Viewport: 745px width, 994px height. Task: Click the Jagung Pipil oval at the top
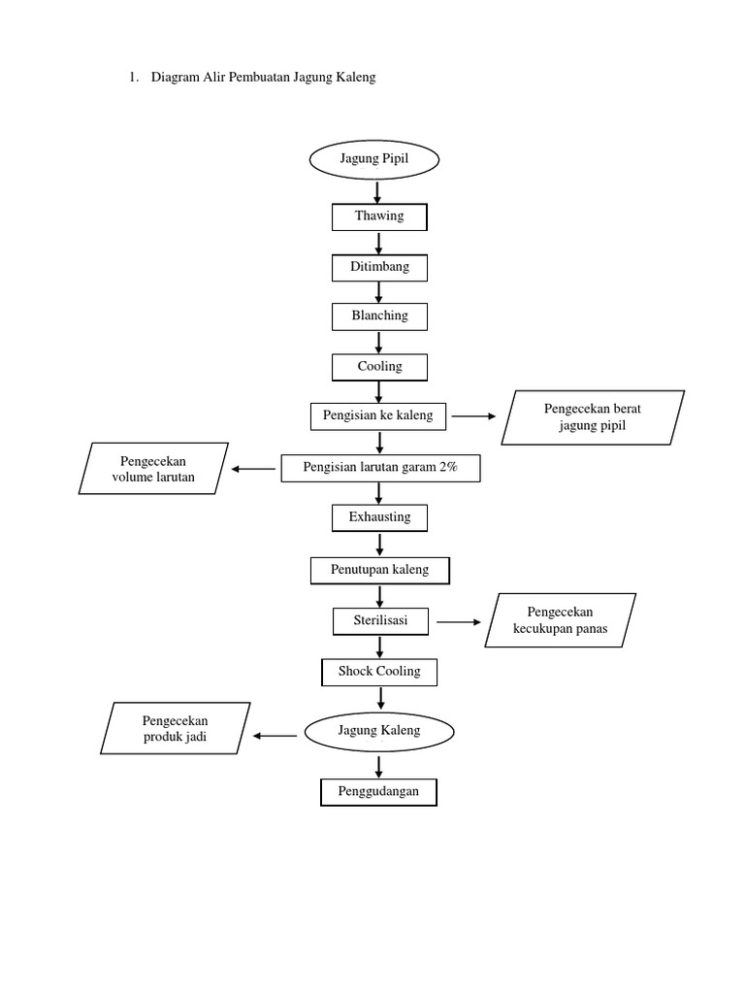(375, 159)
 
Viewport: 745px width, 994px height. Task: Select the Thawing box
(379, 216)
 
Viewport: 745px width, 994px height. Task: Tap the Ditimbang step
(379, 266)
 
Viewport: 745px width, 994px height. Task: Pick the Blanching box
(379, 315)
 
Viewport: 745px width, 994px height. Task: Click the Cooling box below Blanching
(379, 367)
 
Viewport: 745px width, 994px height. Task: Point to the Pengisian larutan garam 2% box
(380, 468)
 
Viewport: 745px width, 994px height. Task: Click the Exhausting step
(379, 517)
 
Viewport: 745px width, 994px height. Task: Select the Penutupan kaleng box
(380, 570)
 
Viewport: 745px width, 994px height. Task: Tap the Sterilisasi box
(380, 620)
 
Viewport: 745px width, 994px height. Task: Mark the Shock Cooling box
(379, 672)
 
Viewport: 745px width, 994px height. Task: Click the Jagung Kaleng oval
(379, 731)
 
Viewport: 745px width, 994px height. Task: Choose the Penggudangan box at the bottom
(378, 792)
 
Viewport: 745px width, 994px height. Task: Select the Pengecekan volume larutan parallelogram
(153, 469)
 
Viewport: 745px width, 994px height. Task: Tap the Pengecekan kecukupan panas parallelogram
(560, 620)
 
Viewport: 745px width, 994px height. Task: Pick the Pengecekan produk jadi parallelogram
(175, 729)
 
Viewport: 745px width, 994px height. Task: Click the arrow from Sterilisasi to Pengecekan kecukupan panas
(459, 621)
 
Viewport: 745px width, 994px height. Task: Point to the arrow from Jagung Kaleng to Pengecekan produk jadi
(276, 736)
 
